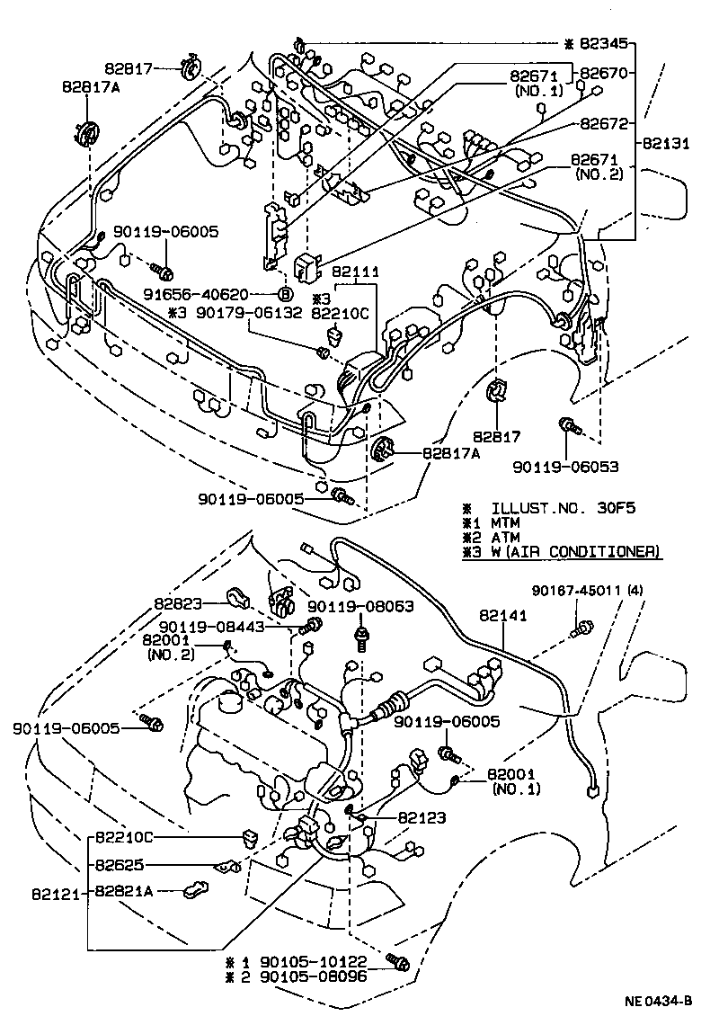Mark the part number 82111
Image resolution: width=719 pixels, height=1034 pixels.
(x=357, y=271)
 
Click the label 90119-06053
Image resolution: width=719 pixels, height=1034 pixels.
(x=566, y=466)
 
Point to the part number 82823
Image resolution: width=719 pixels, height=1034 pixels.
(x=177, y=604)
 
